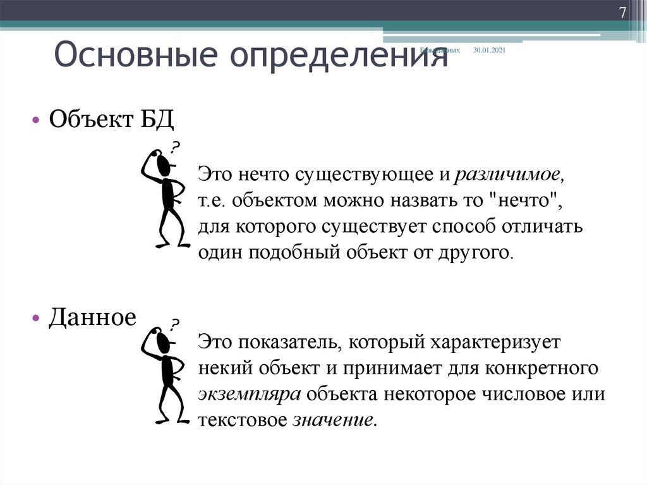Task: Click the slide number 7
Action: click(x=622, y=13)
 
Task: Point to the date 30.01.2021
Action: click(x=489, y=50)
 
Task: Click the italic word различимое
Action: click(x=509, y=173)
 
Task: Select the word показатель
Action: click(x=290, y=343)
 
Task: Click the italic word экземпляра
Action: click(x=250, y=394)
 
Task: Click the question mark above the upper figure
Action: click(x=173, y=148)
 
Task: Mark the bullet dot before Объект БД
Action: click(x=36, y=120)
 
